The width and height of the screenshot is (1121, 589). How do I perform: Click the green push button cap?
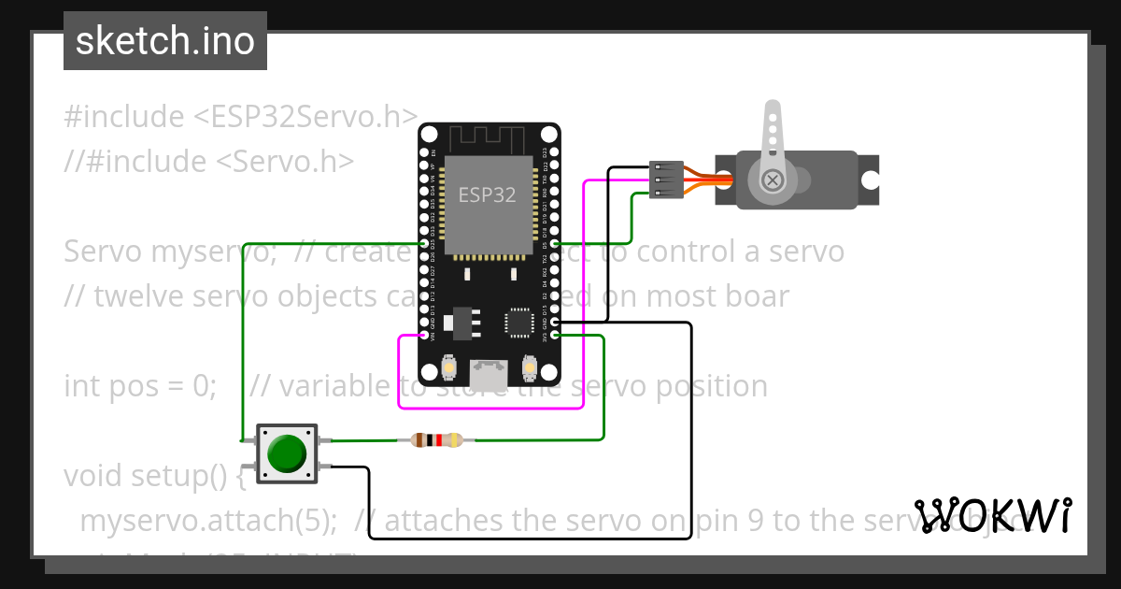coord(287,453)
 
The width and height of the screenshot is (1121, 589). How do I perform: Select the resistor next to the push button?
coord(436,439)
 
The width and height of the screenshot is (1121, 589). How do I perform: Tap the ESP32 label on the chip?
coord(487,195)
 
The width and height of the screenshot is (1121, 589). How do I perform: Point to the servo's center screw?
coord(773,180)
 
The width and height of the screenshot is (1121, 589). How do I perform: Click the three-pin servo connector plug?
coord(662,180)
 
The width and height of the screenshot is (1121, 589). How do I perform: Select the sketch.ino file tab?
coord(165,41)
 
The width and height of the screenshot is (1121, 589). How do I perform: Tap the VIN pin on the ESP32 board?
coord(424,335)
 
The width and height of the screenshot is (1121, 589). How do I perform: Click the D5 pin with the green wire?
coord(555,245)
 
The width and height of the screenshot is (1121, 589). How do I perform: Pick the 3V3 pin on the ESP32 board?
coord(555,335)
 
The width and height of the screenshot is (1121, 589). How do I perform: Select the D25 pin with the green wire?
coord(424,244)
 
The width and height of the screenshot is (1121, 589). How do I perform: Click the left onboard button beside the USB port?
coord(449,368)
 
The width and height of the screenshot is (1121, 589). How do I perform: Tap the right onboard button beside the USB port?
coord(529,368)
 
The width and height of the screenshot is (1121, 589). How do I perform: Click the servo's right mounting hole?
coord(870,180)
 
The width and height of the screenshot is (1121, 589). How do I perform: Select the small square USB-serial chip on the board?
coord(518,322)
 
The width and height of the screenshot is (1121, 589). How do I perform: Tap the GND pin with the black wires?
coord(555,323)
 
